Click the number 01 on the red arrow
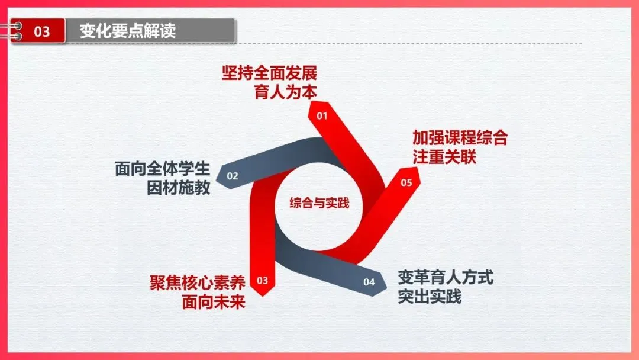click(322, 116)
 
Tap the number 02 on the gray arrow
click(233, 176)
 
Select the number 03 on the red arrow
click(263, 279)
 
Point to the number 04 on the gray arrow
click(369, 282)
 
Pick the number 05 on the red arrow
click(406, 182)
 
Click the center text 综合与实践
click(319, 203)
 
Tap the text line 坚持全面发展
click(269, 74)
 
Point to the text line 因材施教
click(178, 188)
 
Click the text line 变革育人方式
click(446, 277)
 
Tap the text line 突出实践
click(430, 295)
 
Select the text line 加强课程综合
click(460, 139)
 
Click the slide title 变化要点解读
click(128, 30)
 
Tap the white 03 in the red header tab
click(42, 31)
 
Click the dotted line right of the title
click(408, 43)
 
